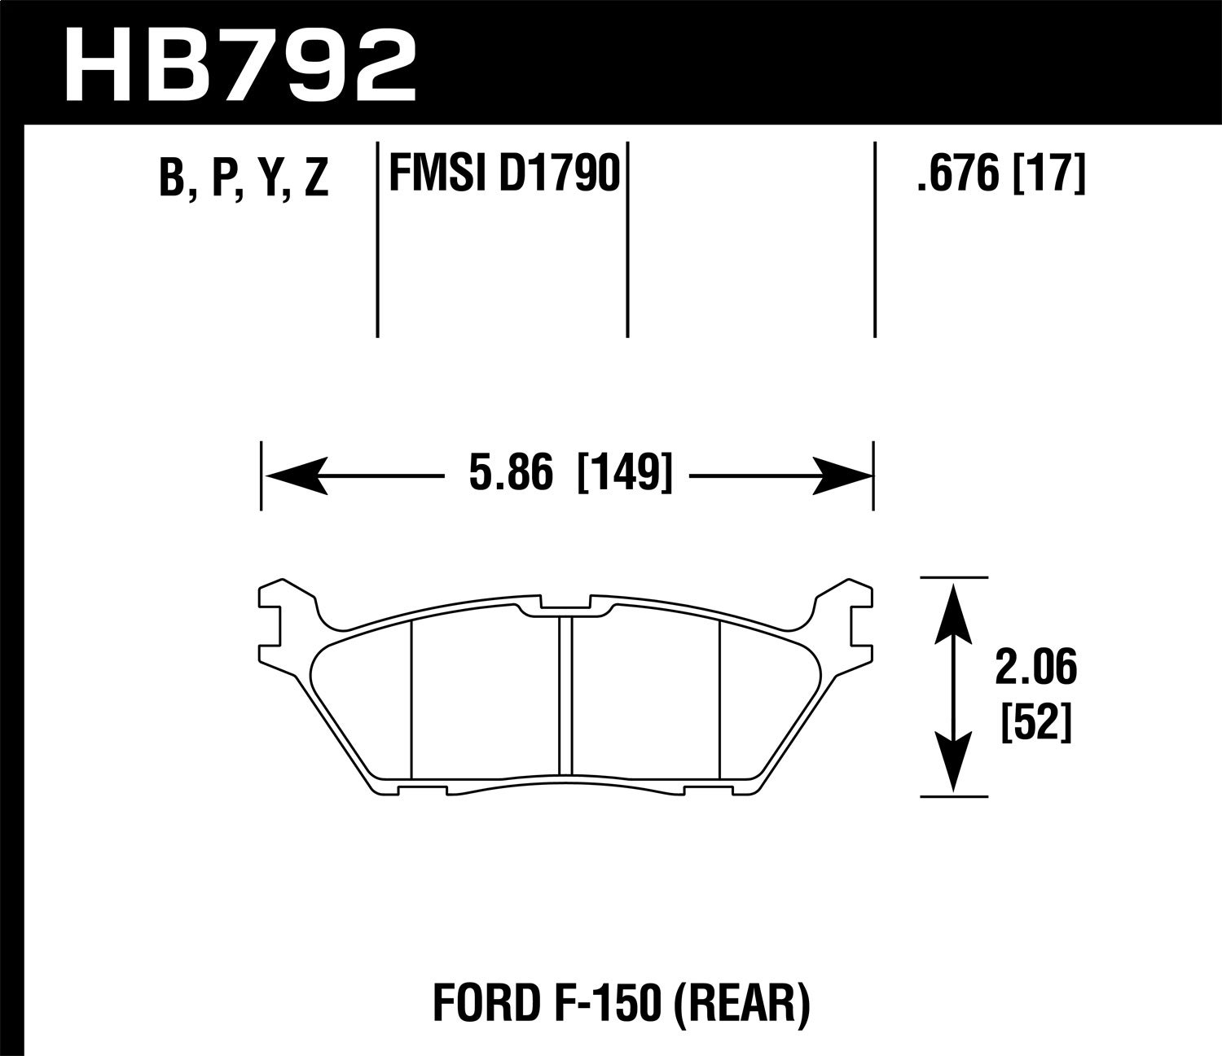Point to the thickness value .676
coord(956,173)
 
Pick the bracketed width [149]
coord(625,474)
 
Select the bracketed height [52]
coord(1035,721)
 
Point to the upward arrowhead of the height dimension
coord(953,607)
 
